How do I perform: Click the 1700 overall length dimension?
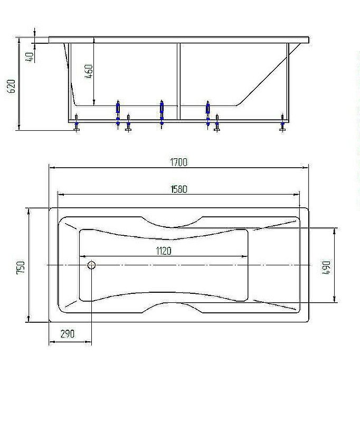pyautogui.click(x=179, y=162)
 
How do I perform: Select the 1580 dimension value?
pyautogui.click(x=179, y=189)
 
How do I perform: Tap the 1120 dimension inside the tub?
pyautogui.click(x=164, y=251)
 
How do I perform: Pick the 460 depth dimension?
pyautogui.click(x=89, y=71)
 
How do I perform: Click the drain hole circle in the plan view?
pyautogui.click(x=91, y=265)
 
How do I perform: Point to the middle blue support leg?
pyautogui.click(x=162, y=113)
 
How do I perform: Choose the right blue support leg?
pyautogui.click(x=208, y=113)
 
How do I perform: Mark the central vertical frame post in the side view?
pyautogui.click(x=179, y=79)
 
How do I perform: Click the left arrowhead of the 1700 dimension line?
pyautogui.click(x=51, y=168)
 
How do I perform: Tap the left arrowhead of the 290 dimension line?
pyautogui.click(x=51, y=340)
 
